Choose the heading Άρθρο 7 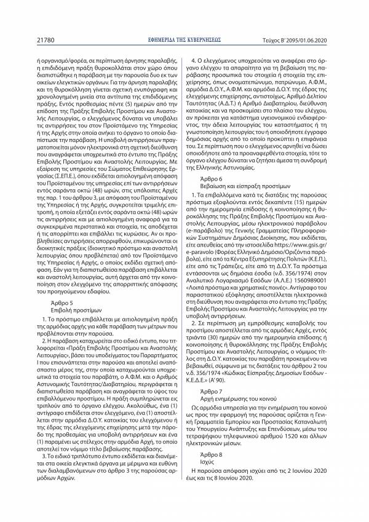(x=210, y=425)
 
